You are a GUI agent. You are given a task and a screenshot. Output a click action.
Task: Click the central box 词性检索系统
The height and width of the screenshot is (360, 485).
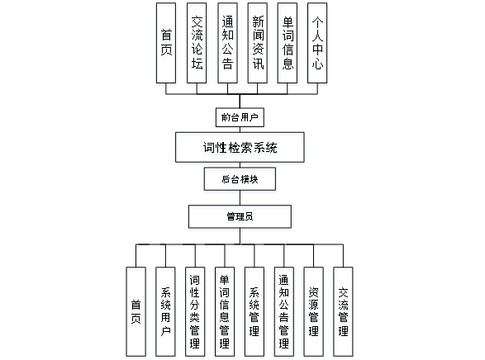coord(240,148)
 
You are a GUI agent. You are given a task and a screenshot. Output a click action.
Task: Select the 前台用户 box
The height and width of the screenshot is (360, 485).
coord(240,117)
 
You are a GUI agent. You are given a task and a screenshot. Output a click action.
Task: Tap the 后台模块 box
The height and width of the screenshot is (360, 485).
coord(240,179)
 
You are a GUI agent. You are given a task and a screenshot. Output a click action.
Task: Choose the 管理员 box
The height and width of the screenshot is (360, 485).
coord(240,216)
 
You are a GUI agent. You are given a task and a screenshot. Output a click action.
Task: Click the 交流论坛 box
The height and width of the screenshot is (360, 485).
coord(197,43)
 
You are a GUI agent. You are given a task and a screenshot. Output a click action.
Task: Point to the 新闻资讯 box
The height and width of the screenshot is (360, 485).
coord(258,43)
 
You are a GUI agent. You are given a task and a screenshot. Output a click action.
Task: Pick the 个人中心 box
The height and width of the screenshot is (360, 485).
coord(317,43)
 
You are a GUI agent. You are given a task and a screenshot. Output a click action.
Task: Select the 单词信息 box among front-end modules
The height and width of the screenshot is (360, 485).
coord(288,43)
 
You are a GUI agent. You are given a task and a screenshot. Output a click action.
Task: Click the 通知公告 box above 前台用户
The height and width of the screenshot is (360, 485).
coord(228,43)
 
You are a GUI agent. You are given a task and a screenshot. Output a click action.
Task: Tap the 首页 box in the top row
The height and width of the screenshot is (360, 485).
coord(166,43)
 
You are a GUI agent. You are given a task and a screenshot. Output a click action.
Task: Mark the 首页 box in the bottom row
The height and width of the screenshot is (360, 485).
coord(136,312)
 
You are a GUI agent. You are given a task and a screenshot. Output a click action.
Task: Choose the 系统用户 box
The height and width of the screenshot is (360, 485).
coord(165,312)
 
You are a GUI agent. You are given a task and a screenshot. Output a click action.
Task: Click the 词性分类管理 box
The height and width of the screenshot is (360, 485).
coord(195,312)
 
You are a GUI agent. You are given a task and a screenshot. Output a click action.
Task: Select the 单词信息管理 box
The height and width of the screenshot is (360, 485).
coord(225,312)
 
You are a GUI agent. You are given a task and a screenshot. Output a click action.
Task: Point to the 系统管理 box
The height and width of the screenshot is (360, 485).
coord(254,312)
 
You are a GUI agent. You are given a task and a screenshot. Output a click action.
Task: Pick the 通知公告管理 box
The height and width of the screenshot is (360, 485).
coord(284,312)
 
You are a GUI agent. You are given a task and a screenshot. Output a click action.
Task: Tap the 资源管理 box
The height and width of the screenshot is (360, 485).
coord(314,312)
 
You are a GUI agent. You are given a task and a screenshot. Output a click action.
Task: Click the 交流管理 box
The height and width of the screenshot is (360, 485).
coord(343,312)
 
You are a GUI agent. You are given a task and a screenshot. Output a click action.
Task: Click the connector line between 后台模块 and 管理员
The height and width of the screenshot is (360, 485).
coord(240,198)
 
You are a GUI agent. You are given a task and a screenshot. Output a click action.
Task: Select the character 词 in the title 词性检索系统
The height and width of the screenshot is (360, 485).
coord(209,148)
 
